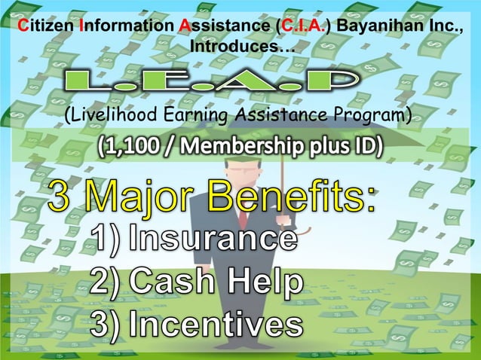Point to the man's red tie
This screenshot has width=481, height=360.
click(x=244, y=218)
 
